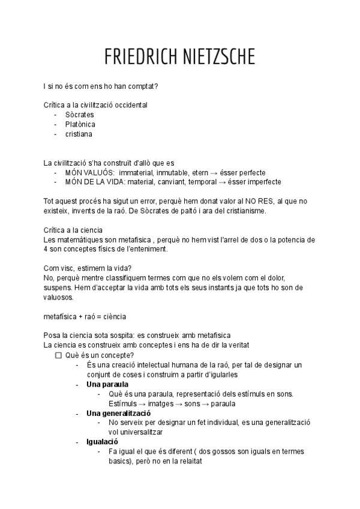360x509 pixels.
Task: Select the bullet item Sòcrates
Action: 80,115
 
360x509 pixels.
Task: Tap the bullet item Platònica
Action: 80,124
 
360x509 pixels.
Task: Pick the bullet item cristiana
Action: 79,134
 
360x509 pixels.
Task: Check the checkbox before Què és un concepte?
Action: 58,355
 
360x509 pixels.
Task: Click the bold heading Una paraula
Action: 107,384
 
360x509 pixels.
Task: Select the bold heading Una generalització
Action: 119,413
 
